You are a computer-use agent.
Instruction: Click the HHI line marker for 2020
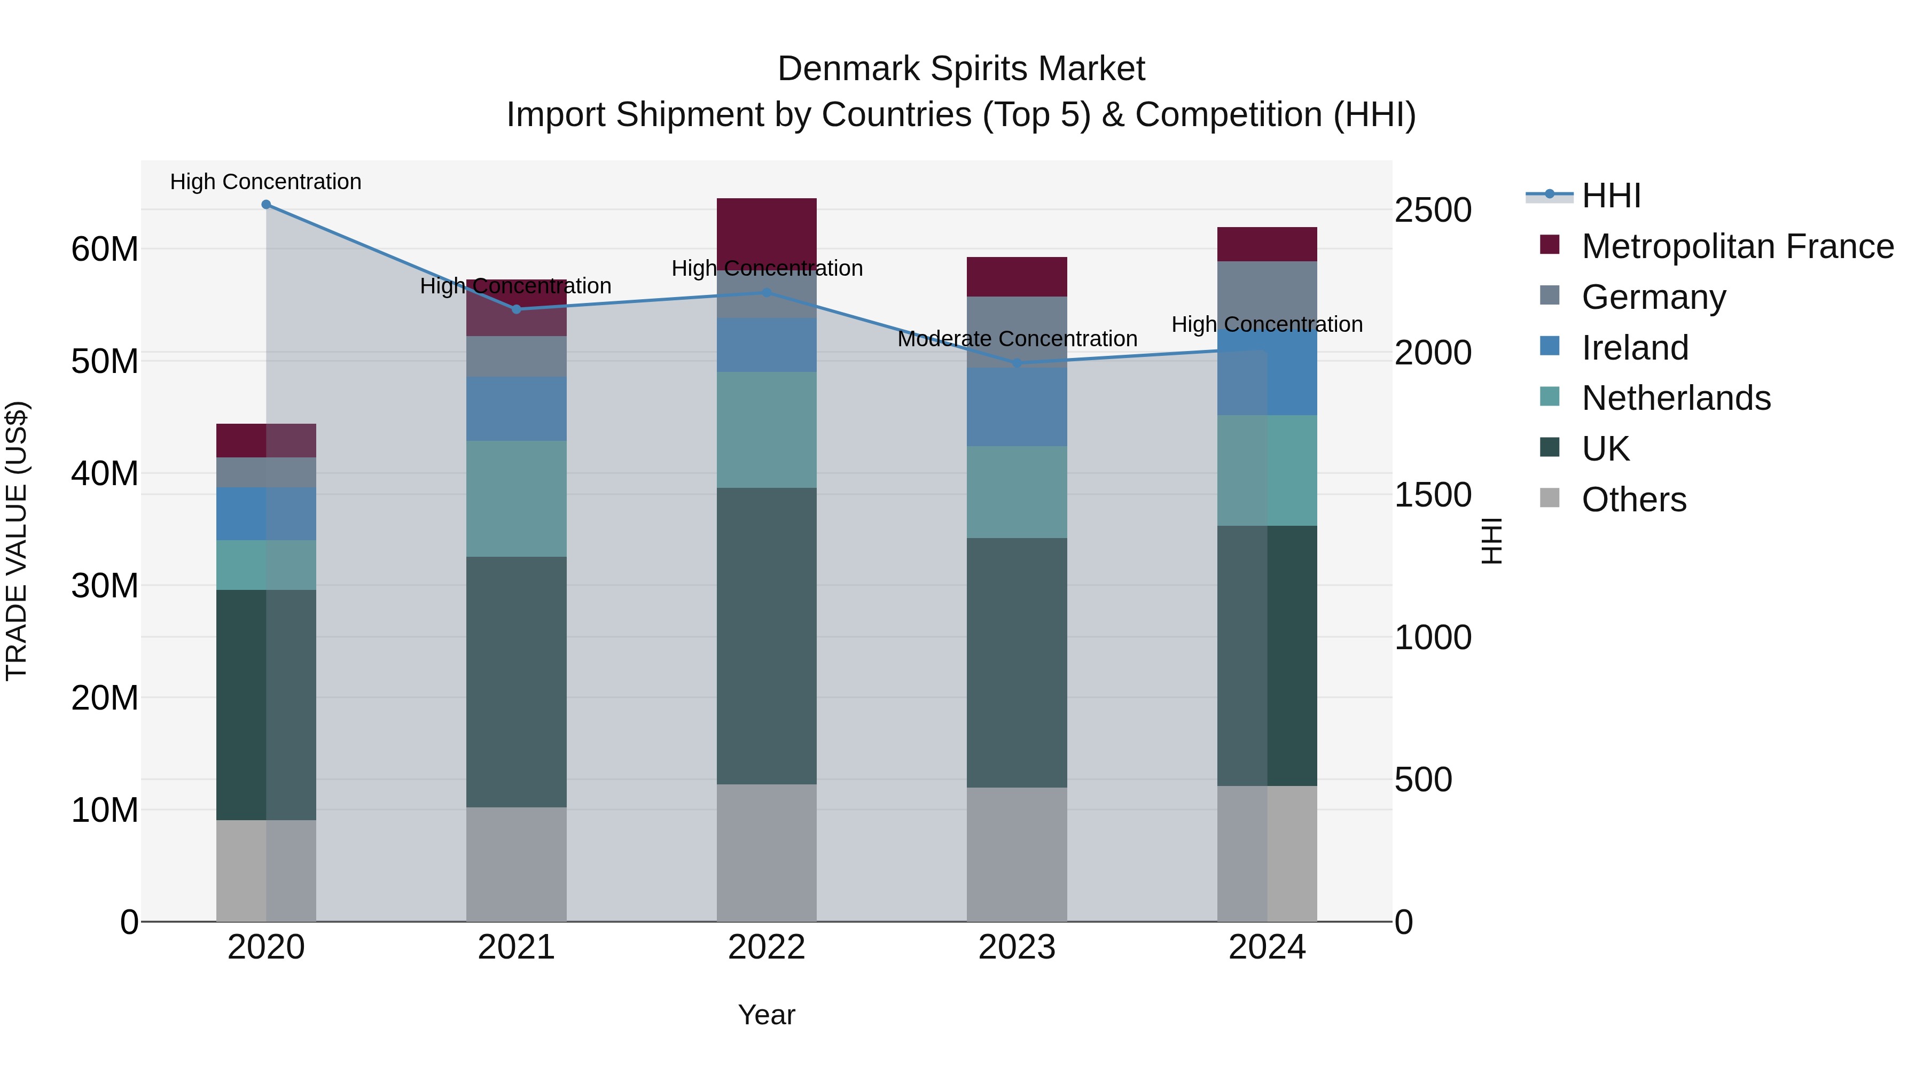[266, 205]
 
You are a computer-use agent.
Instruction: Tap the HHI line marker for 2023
[1016, 364]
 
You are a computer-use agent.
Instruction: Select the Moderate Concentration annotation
[1017, 339]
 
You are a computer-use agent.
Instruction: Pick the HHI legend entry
[1611, 196]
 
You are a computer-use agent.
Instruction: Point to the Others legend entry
[1633, 500]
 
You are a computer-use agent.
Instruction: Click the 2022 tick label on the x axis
[766, 947]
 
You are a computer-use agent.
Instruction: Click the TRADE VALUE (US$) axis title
[17, 541]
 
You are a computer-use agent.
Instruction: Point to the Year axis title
[766, 1015]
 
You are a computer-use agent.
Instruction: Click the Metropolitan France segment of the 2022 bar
[766, 224]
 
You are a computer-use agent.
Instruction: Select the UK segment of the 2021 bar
[516, 681]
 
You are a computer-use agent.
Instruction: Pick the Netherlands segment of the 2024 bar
[1267, 470]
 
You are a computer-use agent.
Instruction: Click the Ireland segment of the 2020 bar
[266, 513]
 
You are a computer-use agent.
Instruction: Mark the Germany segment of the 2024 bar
[1267, 291]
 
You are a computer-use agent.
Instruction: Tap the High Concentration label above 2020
[266, 182]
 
